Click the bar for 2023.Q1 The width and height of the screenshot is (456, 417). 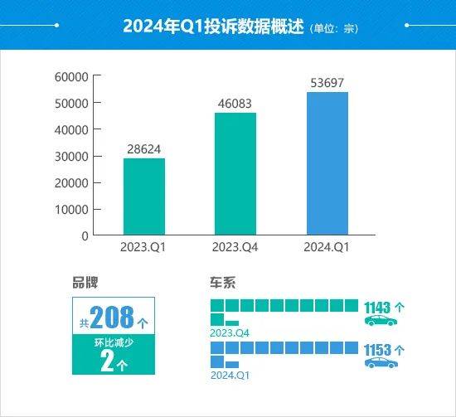[143, 196]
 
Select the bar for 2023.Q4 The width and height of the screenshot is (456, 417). [235, 173]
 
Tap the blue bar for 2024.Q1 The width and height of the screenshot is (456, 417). [327, 163]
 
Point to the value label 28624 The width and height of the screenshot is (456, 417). [143, 149]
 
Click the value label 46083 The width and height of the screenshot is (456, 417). [235, 104]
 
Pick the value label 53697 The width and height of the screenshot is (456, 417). [327, 83]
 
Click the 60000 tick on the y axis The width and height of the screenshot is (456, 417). [72, 77]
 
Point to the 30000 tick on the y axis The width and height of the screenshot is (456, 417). [72, 156]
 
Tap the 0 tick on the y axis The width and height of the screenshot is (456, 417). [85, 235]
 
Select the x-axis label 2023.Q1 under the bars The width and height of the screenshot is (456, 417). [143, 248]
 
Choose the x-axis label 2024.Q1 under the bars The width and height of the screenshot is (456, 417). [327, 248]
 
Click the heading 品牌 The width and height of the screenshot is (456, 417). [85, 282]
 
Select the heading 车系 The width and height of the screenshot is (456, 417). [224, 282]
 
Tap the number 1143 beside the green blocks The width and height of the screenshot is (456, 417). [379, 306]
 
